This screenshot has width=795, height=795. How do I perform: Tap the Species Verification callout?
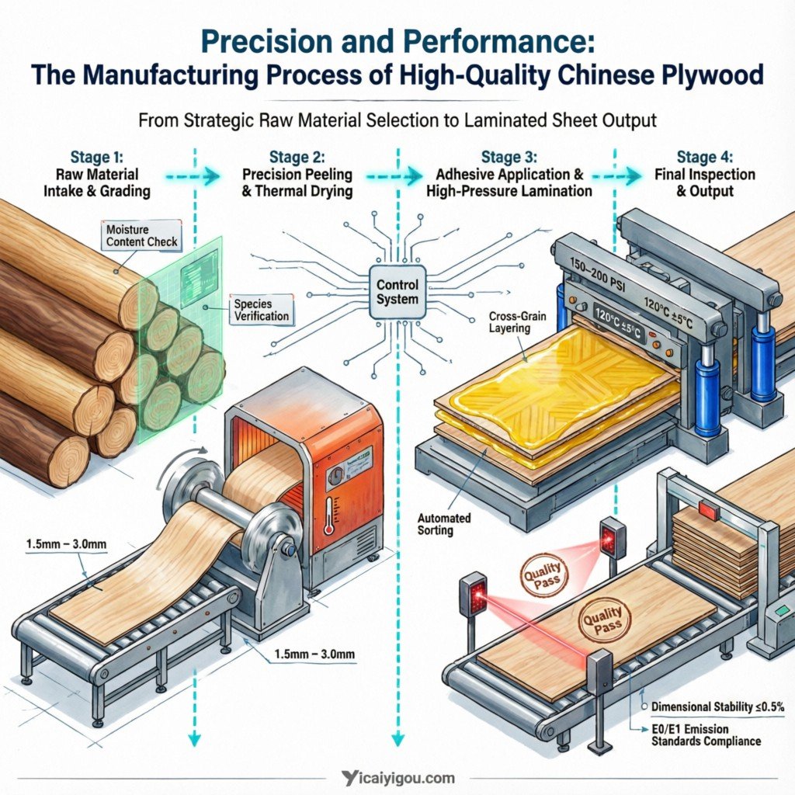(x=262, y=311)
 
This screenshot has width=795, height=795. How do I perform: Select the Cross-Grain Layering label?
(x=509, y=322)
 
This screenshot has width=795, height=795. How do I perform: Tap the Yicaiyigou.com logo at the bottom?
(x=397, y=777)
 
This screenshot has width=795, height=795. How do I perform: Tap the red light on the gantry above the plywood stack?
(x=709, y=509)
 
